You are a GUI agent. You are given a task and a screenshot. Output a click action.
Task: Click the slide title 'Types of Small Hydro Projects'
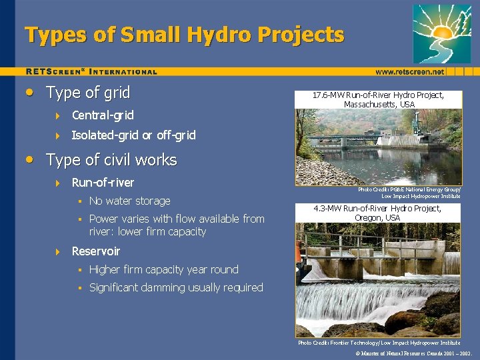pyautogui.click(x=185, y=35)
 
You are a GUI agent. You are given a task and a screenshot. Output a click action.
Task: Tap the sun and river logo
pyautogui.click(x=441, y=33)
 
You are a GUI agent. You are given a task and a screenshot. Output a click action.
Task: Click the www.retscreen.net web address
pyautogui.click(x=409, y=71)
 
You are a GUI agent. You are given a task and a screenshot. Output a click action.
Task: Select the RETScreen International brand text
pyautogui.click(x=91, y=71)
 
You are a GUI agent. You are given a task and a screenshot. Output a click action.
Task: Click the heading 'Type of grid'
pyautogui.click(x=87, y=93)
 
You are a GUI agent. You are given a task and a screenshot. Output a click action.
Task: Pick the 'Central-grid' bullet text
pyautogui.click(x=103, y=115)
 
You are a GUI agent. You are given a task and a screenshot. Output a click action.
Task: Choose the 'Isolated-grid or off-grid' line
pyautogui.click(x=133, y=135)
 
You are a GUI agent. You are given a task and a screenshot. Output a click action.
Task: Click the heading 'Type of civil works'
pyautogui.click(x=111, y=160)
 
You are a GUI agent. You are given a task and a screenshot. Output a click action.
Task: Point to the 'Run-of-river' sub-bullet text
pyautogui.click(x=103, y=183)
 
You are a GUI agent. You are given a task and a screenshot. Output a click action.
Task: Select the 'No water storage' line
pyautogui.click(x=129, y=201)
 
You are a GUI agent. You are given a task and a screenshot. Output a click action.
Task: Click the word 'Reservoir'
pyautogui.click(x=96, y=251)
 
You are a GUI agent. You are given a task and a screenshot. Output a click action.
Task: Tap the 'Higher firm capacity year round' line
pyautogui.click(x=163, y=269)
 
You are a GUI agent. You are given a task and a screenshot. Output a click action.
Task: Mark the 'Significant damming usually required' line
pyautogui.click(x=176, y=287)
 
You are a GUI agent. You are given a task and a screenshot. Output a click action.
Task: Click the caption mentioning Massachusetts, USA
pyautogui.click(x=379, y=100)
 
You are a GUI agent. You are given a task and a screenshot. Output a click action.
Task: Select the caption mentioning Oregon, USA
pyautogui.click(x=379, y=213)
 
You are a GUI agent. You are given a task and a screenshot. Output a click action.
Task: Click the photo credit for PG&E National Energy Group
pyautogui.click(x=409, y=193)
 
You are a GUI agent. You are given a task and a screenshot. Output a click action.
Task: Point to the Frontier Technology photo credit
pyautogui.click(x=379, y=342)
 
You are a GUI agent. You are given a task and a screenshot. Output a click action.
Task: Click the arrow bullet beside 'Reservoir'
pyautogui.click(x=57, y=252)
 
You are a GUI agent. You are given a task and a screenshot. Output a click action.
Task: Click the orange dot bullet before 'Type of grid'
pyautogui.click(x=29, y=93)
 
